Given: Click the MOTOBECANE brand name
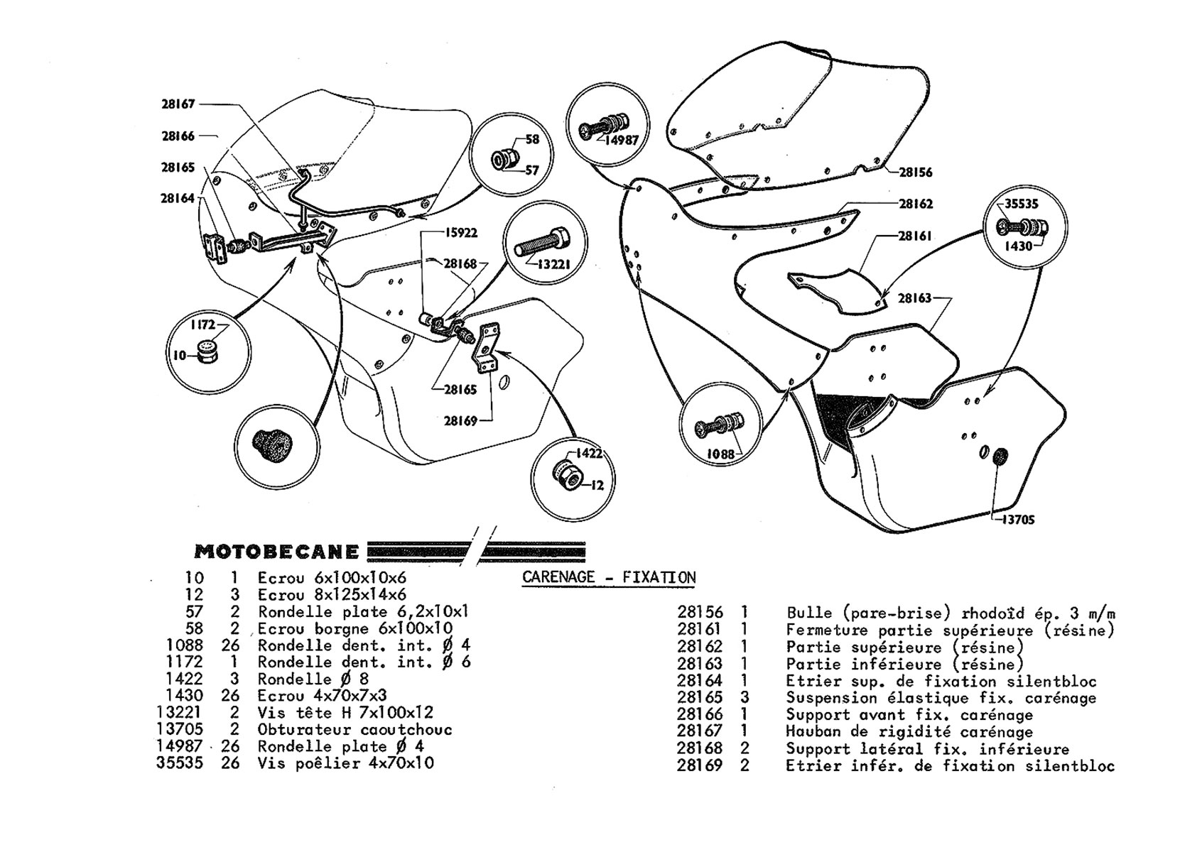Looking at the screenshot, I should [276, 552].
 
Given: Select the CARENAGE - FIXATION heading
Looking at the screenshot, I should [609, 577].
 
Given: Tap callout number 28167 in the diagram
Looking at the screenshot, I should [178, 104].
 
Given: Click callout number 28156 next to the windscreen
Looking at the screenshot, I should [915, 172].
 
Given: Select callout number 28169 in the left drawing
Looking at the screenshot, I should [460, 420].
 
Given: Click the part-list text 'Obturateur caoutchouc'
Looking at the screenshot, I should [354, 729].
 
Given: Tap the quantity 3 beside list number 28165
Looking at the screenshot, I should [744, 697].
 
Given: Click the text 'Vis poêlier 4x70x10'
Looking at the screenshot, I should [345, 763].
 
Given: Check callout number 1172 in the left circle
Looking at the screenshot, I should [202, 324].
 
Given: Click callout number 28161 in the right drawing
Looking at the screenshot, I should [915, 236].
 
